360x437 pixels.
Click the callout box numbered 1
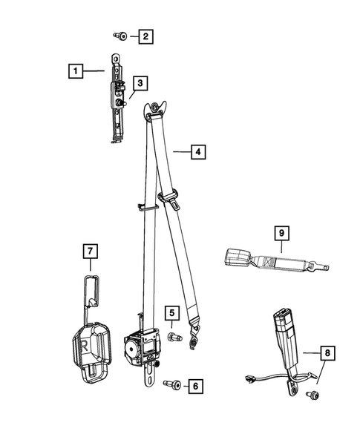74,71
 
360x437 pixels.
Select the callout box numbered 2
145,36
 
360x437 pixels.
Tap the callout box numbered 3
139,83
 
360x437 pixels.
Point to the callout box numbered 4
197,152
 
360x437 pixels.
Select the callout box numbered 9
281,232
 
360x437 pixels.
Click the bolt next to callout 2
120,36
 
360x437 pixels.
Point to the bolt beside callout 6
169,384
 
